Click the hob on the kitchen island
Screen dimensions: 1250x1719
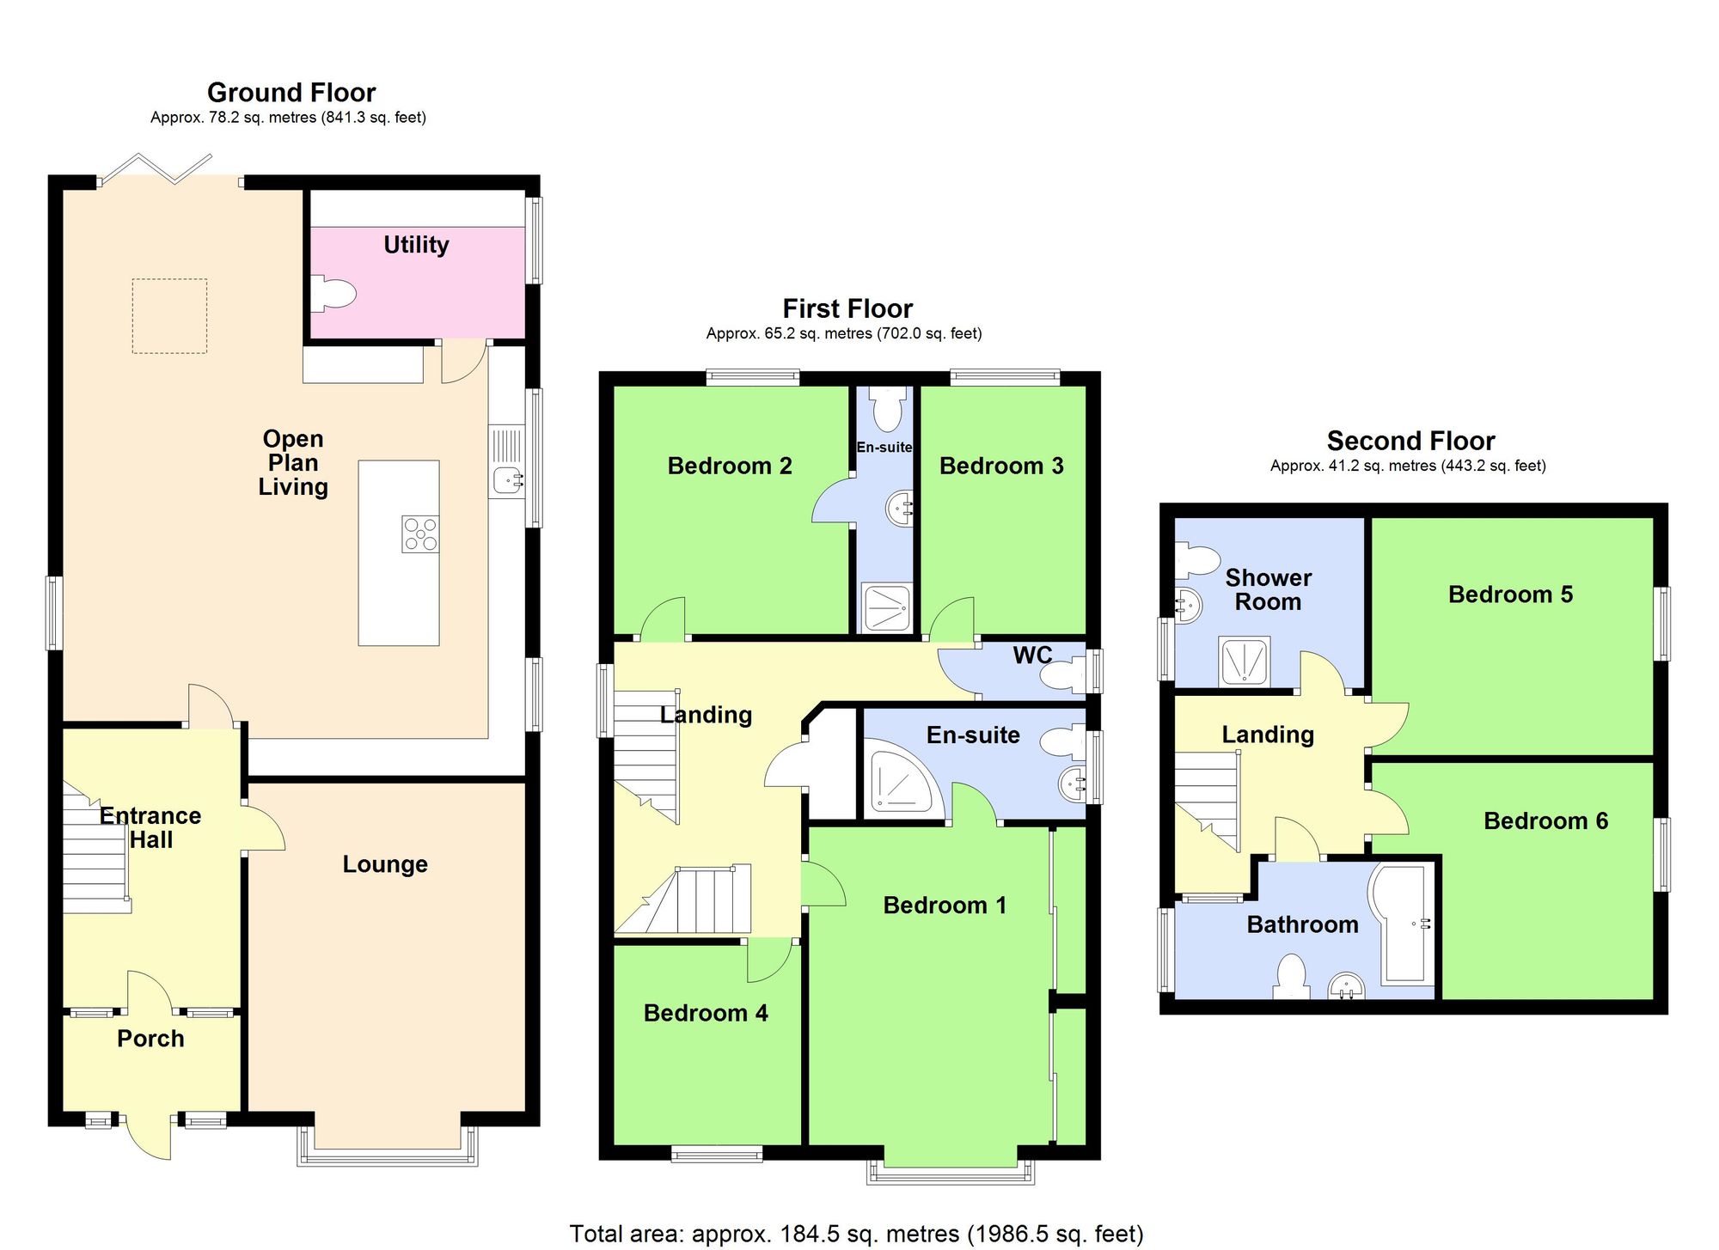420,534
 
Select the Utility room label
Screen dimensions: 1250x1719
416,245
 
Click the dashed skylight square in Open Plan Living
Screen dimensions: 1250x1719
169,315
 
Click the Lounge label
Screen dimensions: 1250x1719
385,864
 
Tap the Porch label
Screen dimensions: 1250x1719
150,1039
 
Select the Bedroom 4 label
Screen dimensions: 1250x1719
706,1013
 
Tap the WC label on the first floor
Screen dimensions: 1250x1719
1032,655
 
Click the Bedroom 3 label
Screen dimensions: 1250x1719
1001,466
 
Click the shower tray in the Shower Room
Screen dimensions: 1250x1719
1244,661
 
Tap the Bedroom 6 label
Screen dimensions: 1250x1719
1545,820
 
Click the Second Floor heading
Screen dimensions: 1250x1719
1410,441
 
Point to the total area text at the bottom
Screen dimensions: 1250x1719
856,1234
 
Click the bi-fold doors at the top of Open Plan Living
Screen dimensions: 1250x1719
170,170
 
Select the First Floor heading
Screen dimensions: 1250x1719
847,308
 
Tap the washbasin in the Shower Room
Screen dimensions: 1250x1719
1188,606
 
